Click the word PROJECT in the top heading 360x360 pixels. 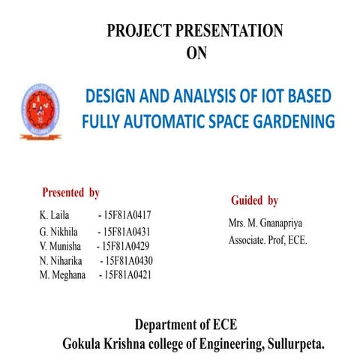pyautogui.click(x=138, y=31)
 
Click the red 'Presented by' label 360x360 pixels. pyautogui.click(x=71, y=193)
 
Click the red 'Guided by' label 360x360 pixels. pyautogui.click(x=255, y=200)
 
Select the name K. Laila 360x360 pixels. pyautogui.click(x=54, y=215)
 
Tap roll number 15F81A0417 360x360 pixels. pyautogui.click(x=130, y=215)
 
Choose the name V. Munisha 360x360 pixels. pyautogui.click(x=60, y=247)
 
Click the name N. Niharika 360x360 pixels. pyautogui.click(x=62, y=261)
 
